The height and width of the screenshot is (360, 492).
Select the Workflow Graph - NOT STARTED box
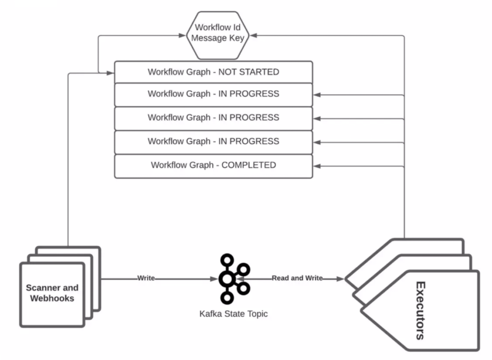213,72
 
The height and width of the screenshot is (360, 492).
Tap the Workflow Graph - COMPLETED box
213,165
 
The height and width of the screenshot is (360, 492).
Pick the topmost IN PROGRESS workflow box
213,94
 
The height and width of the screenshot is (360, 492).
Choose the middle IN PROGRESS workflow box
213,118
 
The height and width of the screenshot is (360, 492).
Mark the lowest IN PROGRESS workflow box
213,142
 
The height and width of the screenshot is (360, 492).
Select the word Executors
421,310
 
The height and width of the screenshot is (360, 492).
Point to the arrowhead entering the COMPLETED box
316,166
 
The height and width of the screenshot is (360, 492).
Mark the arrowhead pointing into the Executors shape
339,279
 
